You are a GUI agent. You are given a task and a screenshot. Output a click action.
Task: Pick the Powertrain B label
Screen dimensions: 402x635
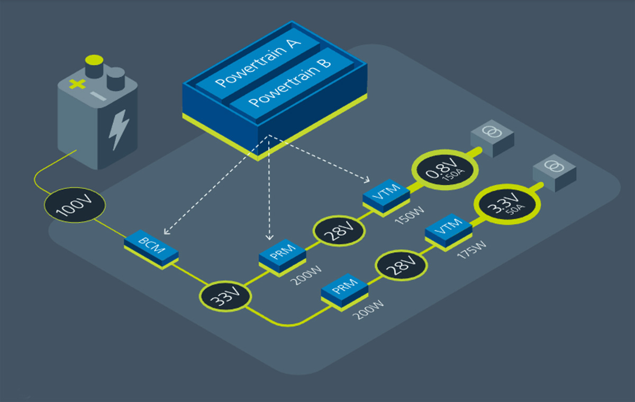click(x=290, y=85)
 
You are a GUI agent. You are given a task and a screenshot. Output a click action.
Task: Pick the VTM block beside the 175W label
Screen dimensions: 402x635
click(x=449, y=231)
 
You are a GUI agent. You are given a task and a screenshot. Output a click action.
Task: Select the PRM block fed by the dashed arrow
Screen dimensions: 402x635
click(x=283, y=257)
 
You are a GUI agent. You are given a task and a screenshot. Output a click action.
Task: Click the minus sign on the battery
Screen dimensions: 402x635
click(x=97, y=95)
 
